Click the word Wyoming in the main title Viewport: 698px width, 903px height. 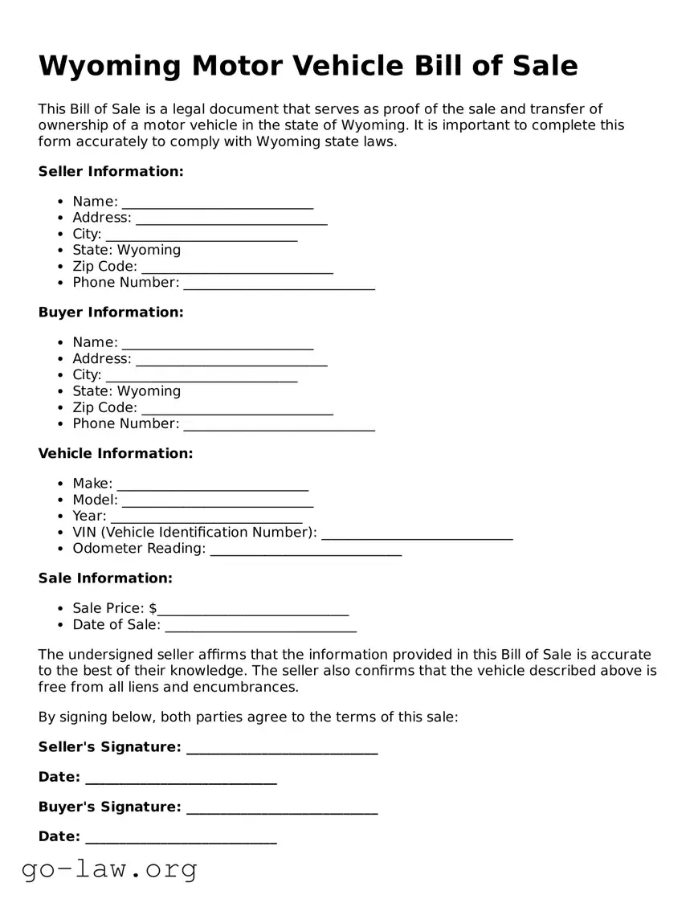[x=109, y=65]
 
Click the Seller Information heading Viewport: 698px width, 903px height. [x=111, y=171]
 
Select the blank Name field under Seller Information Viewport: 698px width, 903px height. [x=217, y=202]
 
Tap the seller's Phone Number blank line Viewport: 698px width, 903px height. [x=279, y=283]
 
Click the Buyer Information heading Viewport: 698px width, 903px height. [x=111, y=312]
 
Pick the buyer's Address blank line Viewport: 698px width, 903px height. [x=231, y=359]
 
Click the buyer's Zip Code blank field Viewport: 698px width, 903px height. [x=237, y=408]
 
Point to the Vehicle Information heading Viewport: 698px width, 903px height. [x=116, y=453]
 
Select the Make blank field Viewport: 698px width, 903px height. [x=212, y=484]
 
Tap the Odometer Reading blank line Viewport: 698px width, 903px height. [x=305, y=549]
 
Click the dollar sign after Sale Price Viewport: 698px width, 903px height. [x=153, y=608]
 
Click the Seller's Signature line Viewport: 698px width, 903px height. [x=281, y=748]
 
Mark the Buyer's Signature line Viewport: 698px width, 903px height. [x=281, y=807]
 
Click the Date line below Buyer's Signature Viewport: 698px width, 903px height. [x=181, y=837]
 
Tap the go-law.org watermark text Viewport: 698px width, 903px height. [x=109, y=868]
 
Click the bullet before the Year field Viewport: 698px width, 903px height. [x=62, y=517]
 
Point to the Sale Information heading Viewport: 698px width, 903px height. [x=105, y=578]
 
